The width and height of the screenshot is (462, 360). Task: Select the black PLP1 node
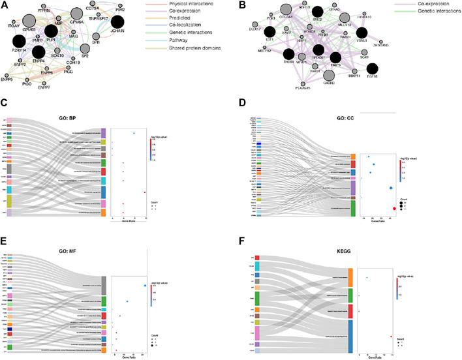tap(51, 30)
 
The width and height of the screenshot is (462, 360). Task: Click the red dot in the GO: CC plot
tap(395, 207)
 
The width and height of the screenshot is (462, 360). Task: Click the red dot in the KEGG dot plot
tap(391, 337)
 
